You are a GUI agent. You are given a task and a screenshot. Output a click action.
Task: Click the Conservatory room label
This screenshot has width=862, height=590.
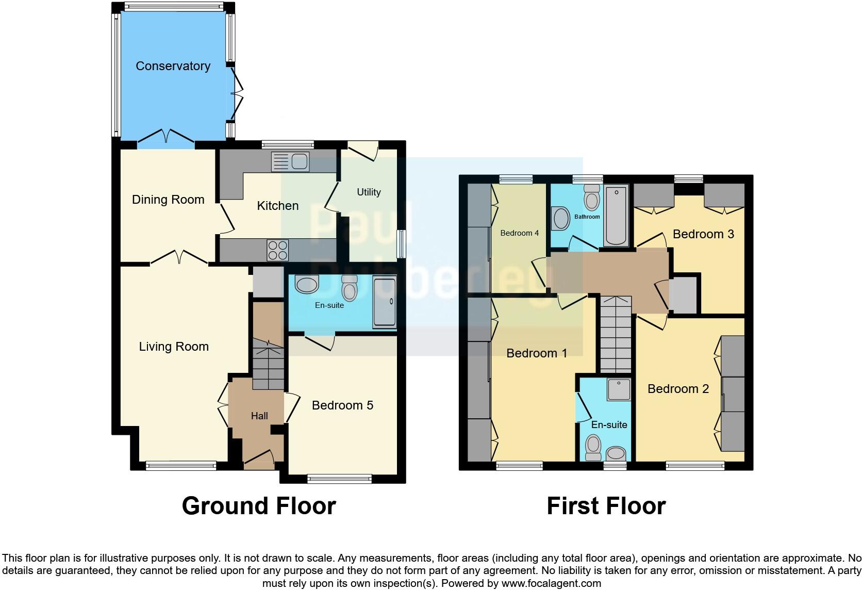tap(173, 66)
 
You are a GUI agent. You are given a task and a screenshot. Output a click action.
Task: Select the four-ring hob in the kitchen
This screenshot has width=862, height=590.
tap(277, 251)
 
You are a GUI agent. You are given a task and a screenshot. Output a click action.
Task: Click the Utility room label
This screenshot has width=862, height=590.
tap(369, 192)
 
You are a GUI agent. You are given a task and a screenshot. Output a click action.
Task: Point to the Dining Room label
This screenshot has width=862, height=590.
tap(168, 200)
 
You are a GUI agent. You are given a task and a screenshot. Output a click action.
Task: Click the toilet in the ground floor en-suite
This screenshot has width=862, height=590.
tap(350, 288)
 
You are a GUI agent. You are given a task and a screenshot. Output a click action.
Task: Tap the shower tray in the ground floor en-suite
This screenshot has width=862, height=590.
tap(384, 303)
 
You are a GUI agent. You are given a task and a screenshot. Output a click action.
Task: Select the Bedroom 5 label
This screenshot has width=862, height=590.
tap(342, 405)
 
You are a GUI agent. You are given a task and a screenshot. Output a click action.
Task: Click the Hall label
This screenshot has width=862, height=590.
tap(259, 416)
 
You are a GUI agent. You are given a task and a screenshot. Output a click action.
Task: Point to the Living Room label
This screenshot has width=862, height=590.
tap(174, 347)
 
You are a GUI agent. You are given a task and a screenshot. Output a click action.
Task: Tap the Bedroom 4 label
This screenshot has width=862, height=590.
tap(519, 233)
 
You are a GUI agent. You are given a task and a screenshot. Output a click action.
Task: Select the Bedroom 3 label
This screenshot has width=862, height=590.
tap(703, 234)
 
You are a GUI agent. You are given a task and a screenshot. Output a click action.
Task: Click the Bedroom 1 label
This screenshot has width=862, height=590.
tap(537, 353)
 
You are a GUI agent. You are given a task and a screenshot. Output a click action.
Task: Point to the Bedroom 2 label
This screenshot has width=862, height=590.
tap(678, 389)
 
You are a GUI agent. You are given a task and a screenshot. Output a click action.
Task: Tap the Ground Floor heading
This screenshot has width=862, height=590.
tap(259, 506)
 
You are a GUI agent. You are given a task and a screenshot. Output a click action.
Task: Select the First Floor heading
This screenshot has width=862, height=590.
tap(606, 506)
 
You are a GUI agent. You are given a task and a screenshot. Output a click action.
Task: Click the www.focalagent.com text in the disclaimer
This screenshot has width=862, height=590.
tap(551, 584)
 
